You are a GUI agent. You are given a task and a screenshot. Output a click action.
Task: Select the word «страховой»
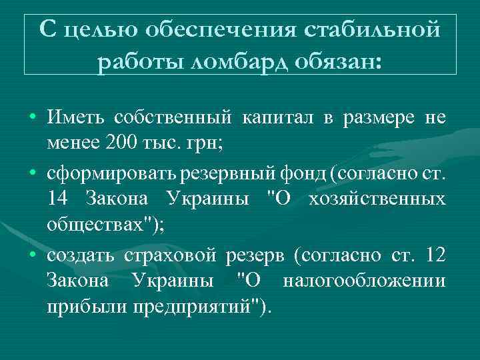pos(174,255)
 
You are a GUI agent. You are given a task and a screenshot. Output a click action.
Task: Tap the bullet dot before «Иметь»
pos(33,119)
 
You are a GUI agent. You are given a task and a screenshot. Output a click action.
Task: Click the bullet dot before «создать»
pos(33,257)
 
